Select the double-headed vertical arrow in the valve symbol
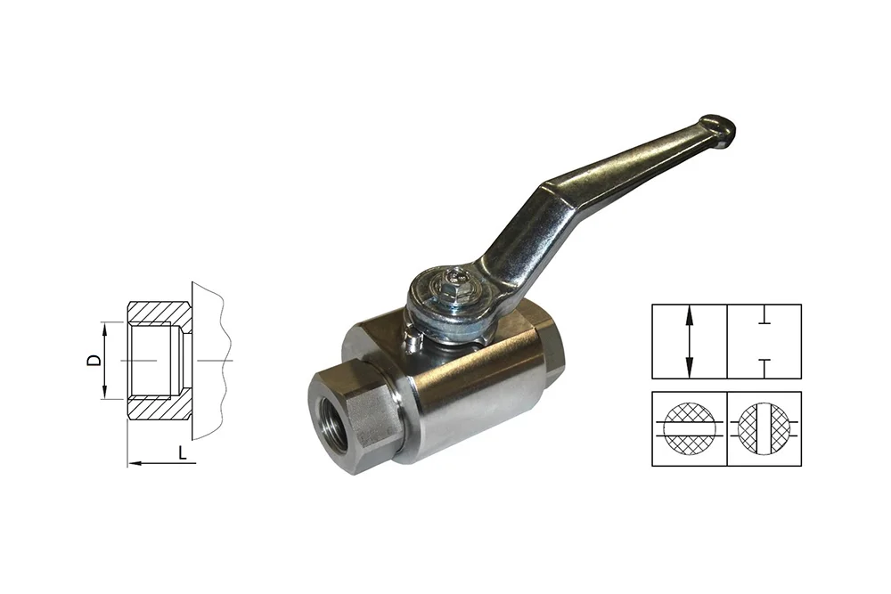click(x=690, y=341)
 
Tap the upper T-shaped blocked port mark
click(x=764, y=320)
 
